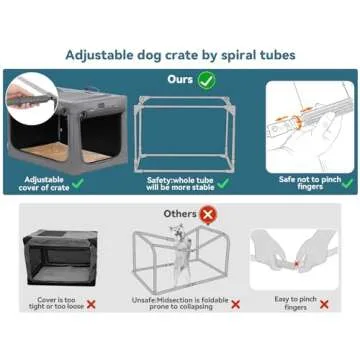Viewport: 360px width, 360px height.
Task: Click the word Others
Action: tap(179, 213)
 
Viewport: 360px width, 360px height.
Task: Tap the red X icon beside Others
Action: tap(208, 213)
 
